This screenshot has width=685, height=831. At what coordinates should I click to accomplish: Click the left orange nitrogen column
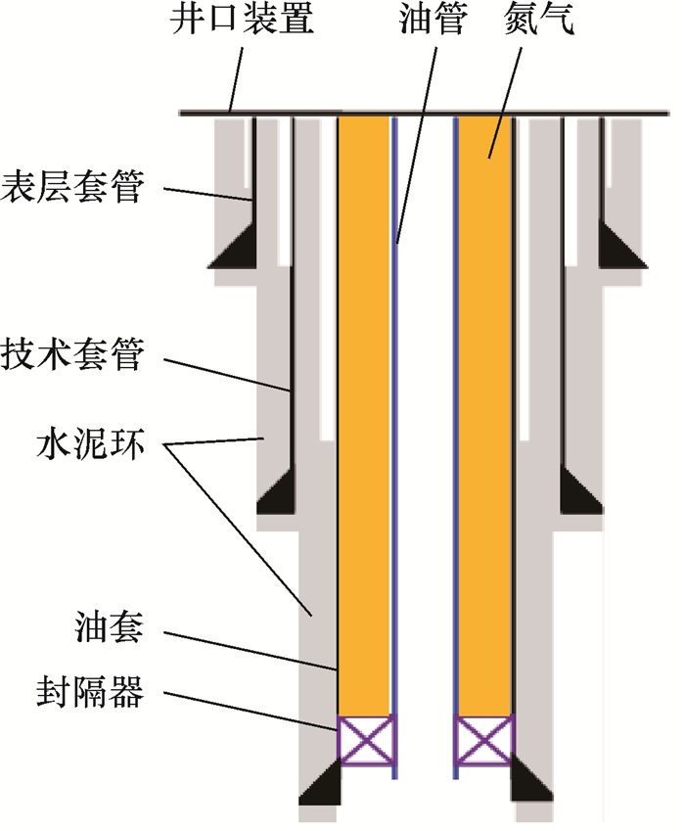pyautogui.click(x=364, y=411)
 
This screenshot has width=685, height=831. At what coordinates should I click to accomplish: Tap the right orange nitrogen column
pyautogui.click(x=483, y=411)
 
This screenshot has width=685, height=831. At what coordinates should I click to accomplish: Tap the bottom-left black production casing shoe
pyautogui.click(x=320, y=784)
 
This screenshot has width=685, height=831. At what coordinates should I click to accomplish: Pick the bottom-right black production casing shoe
pyautogui.click(x=528, y=784)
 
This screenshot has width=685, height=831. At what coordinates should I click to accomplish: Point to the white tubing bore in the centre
pyautogui.click(x=425, y=440)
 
